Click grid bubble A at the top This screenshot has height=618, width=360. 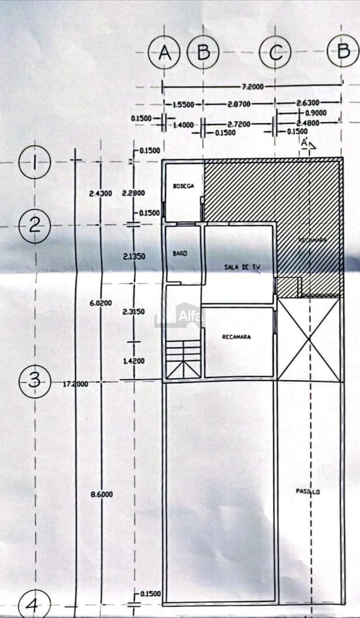[x=164, y=53]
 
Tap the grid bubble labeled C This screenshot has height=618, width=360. [x=275, y=53]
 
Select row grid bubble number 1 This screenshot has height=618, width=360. [x=35, y=163]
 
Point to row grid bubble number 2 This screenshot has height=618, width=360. [x=35, y=225]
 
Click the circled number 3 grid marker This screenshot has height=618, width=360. [x=35, y=381]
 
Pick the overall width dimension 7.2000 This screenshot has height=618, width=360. [x=252, y=86]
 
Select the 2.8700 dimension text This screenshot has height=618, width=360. [x=239, y=104]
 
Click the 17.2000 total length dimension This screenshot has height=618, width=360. [x=76, y=384]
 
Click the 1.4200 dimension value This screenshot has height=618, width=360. [x=134, y=361]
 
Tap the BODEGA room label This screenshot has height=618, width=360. [x=183, y=186]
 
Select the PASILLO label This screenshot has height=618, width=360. [x=308, y=492]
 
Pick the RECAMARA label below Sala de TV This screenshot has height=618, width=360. [x=236, y=336]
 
